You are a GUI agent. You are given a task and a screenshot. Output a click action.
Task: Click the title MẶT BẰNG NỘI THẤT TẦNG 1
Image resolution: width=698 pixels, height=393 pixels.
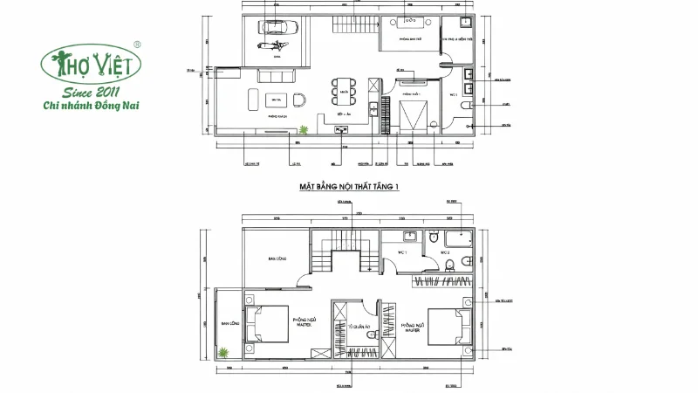click(x=349, y=185)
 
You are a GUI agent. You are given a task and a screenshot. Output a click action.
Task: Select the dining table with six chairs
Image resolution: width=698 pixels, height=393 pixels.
click(x=344, y=90)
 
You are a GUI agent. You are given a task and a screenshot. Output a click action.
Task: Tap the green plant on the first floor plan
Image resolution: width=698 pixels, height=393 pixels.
click(x=303, y=131)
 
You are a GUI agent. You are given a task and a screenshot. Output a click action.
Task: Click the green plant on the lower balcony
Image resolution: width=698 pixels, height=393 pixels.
click(x=224, y=354)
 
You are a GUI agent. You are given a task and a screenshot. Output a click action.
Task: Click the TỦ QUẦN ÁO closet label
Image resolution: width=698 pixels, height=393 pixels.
click(x=355, y=327)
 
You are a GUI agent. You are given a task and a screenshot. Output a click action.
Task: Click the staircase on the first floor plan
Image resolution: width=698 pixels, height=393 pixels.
click(x=354, y=26)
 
